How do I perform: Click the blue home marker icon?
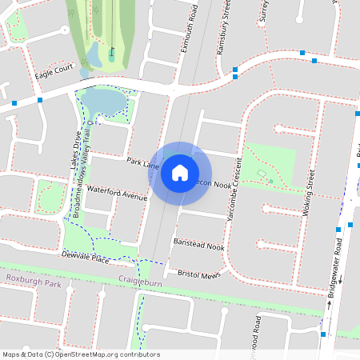180,173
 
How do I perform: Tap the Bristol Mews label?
198,274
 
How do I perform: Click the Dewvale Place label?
85,258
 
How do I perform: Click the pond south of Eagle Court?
102,102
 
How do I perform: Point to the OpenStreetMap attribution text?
80,354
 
